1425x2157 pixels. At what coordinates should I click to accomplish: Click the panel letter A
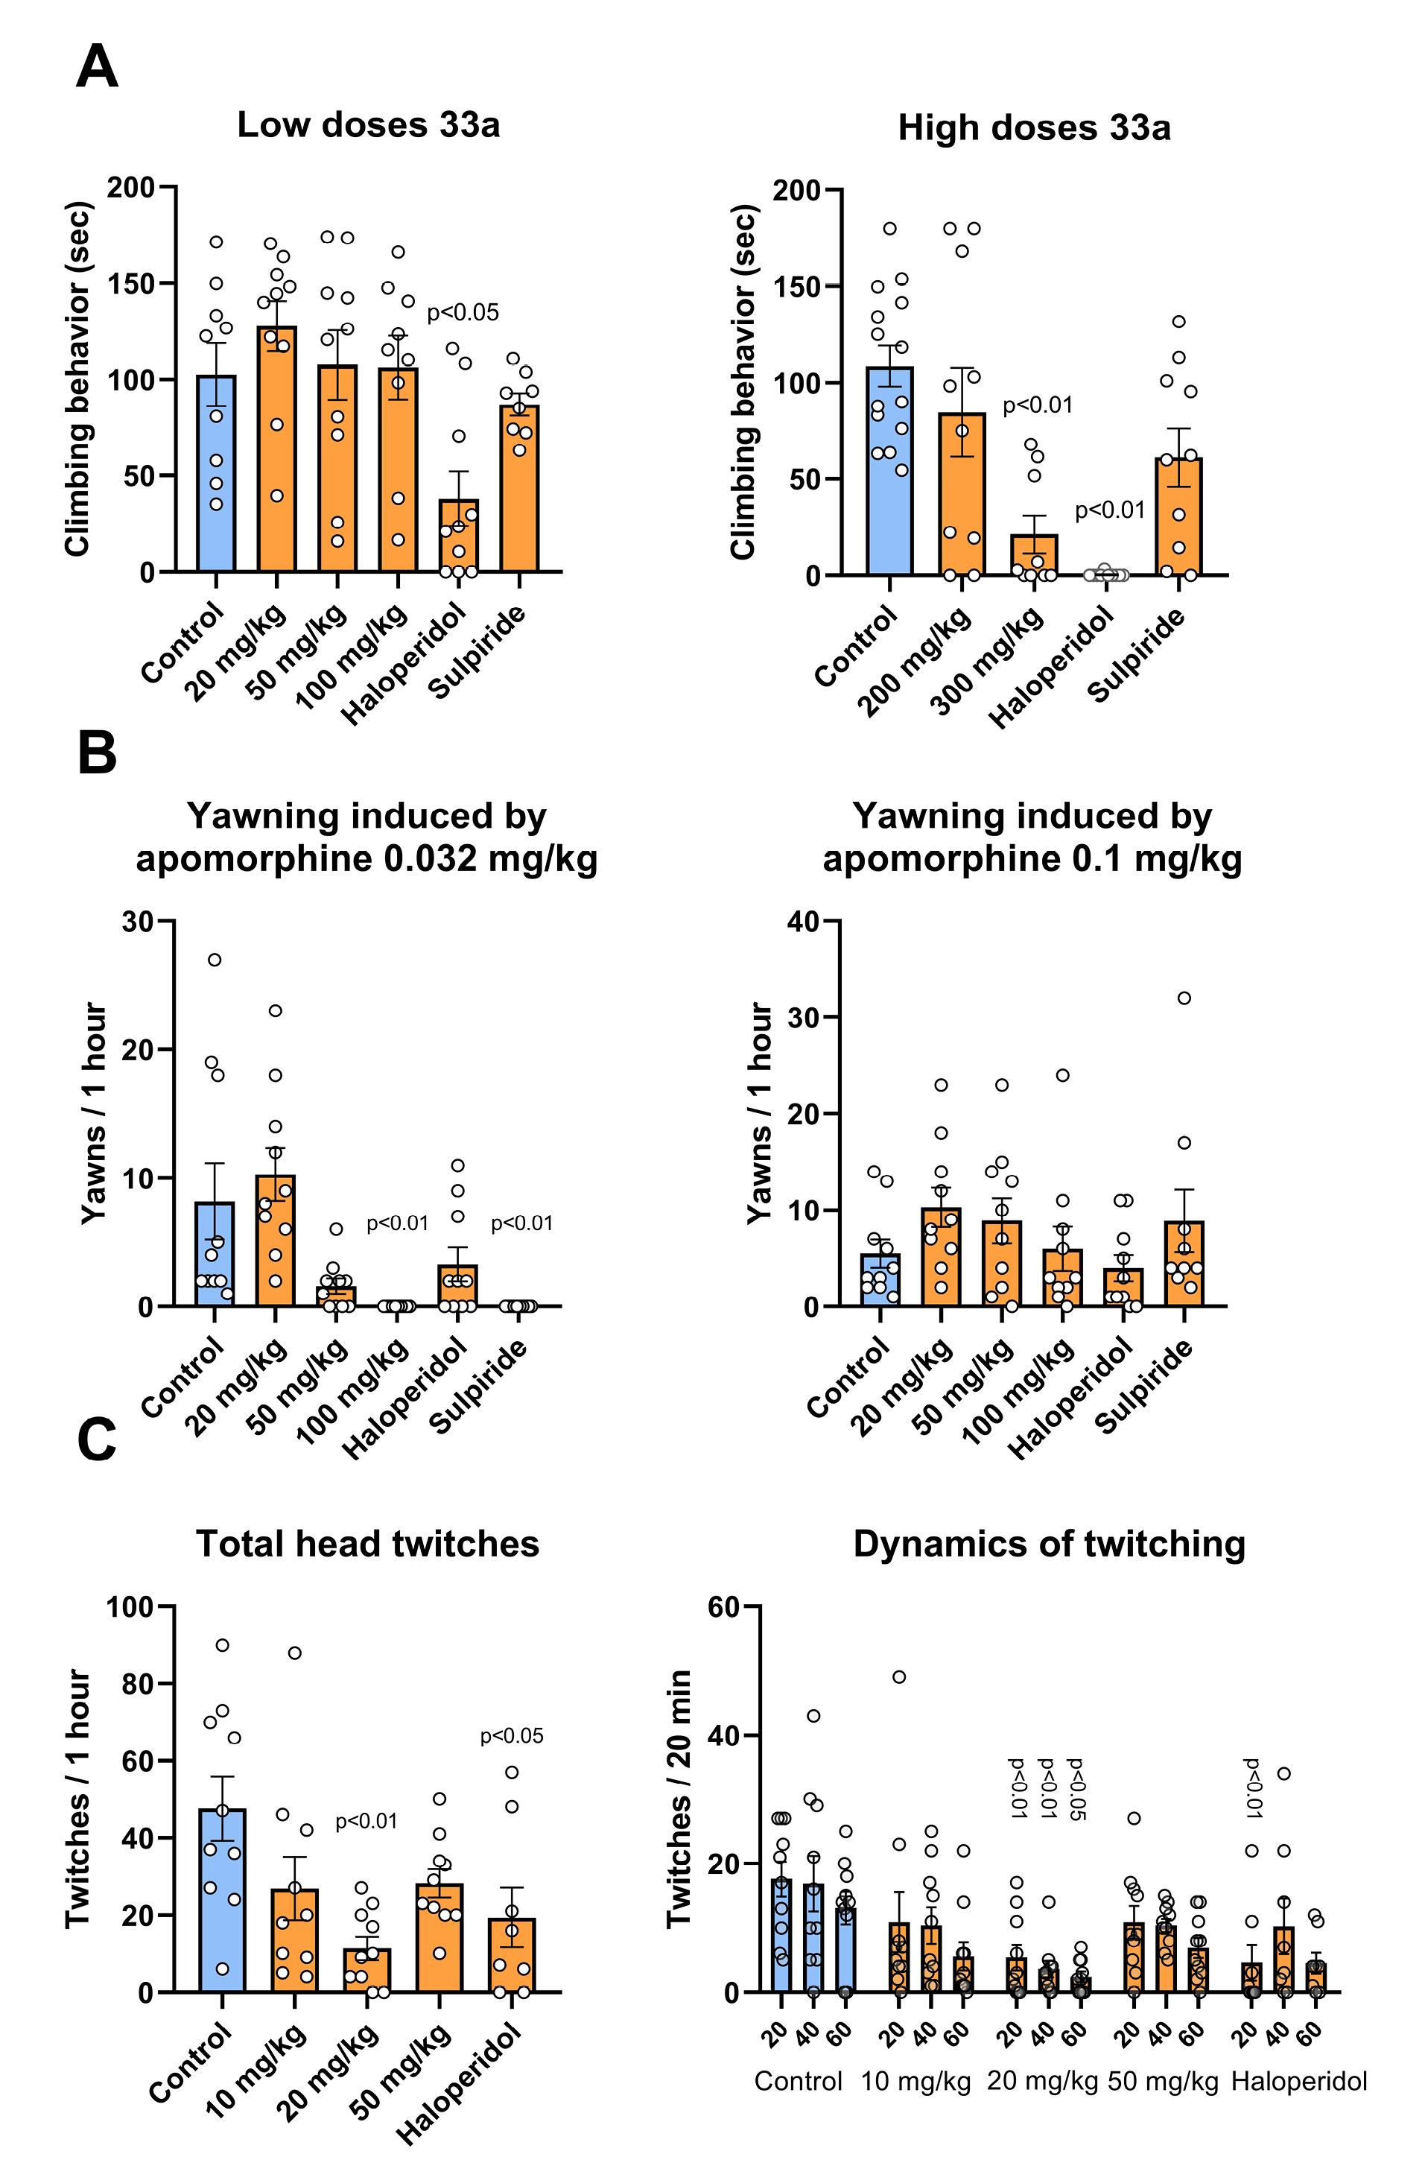tap(98, 67)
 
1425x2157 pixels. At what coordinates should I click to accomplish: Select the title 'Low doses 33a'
tap(368, 124)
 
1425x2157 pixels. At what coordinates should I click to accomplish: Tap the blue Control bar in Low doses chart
tap(216, 474)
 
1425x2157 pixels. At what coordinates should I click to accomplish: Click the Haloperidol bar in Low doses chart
tap(458, 536)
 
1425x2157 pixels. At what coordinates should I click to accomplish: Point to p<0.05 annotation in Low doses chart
tap(463, 314)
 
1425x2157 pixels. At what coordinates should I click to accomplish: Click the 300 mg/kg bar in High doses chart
tap(1035, 555)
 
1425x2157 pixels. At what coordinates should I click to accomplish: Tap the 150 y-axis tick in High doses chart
tap(797, 288)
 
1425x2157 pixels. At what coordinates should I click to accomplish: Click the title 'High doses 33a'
tap(1034, 128)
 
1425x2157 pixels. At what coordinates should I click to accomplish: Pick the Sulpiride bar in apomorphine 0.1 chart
tap(1182, 1264)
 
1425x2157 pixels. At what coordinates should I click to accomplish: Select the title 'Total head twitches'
tap(368, 1545)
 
